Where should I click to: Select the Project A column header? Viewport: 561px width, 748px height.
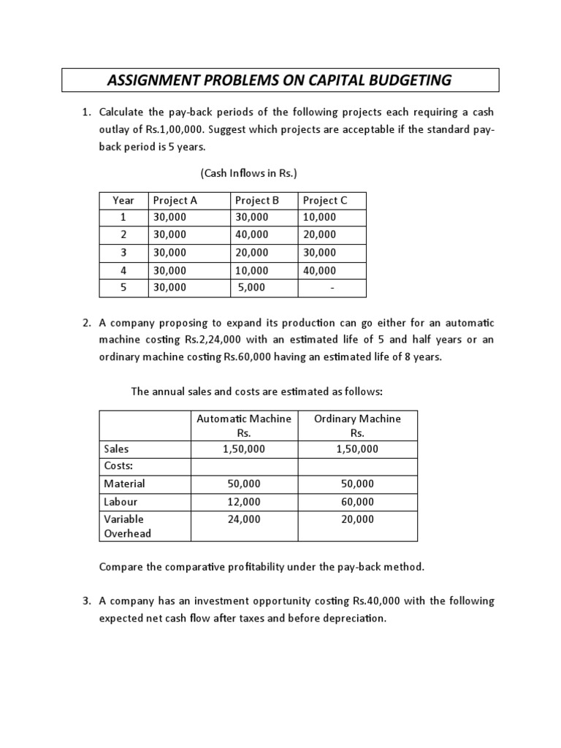coord(175,200)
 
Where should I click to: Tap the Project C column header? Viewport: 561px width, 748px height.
coord(324,200)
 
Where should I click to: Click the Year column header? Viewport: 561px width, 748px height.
coord(123,200)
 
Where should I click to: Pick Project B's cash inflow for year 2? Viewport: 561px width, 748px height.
coord(251,234)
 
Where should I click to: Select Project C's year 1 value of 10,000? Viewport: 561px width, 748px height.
coord(319,217)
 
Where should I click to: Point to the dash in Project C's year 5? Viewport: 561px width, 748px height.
coord(332,288)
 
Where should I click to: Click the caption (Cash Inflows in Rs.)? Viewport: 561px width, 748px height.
coord(248,173)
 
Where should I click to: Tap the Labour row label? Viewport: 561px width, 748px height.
coord(121,502)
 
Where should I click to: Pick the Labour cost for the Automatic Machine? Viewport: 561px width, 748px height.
coord(244,502)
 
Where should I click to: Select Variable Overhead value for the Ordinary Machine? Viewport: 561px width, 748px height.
coord(357,519)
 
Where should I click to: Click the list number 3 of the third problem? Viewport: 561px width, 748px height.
coord(85,601)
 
